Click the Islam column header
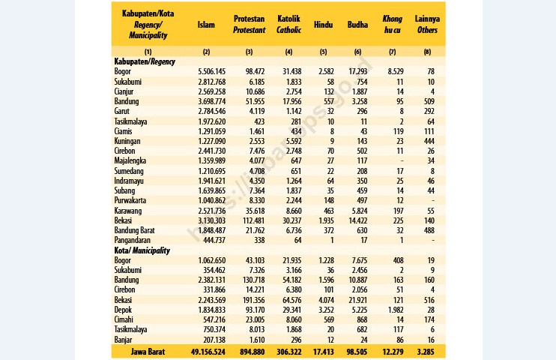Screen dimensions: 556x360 (206, 25)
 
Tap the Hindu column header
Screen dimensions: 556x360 (323, 25)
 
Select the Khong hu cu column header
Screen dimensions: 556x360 (392, 24)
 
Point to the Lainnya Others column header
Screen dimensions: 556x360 (427, 24)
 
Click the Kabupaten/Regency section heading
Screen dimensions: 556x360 (145, 61)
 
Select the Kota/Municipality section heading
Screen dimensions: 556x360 (142, 250)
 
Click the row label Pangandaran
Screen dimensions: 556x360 (133, 240)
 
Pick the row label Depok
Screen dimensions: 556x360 (123, 310)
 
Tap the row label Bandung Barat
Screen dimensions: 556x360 (134, 230)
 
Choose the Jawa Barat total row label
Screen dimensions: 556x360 (148, 352)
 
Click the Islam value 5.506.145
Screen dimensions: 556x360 (212, 72)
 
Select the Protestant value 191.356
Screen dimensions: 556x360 (253, 300)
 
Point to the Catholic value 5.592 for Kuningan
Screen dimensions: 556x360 (294, 141)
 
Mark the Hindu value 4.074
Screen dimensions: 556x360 (326, 300)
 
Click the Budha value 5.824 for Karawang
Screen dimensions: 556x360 (359, 211)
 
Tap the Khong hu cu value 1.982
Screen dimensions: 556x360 (396, 310)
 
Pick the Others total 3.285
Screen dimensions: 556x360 (426, 352)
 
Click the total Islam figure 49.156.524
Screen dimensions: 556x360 (208, 352)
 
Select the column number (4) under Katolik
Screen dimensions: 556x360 (288, 52)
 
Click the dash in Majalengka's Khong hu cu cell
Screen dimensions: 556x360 (402, 161)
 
